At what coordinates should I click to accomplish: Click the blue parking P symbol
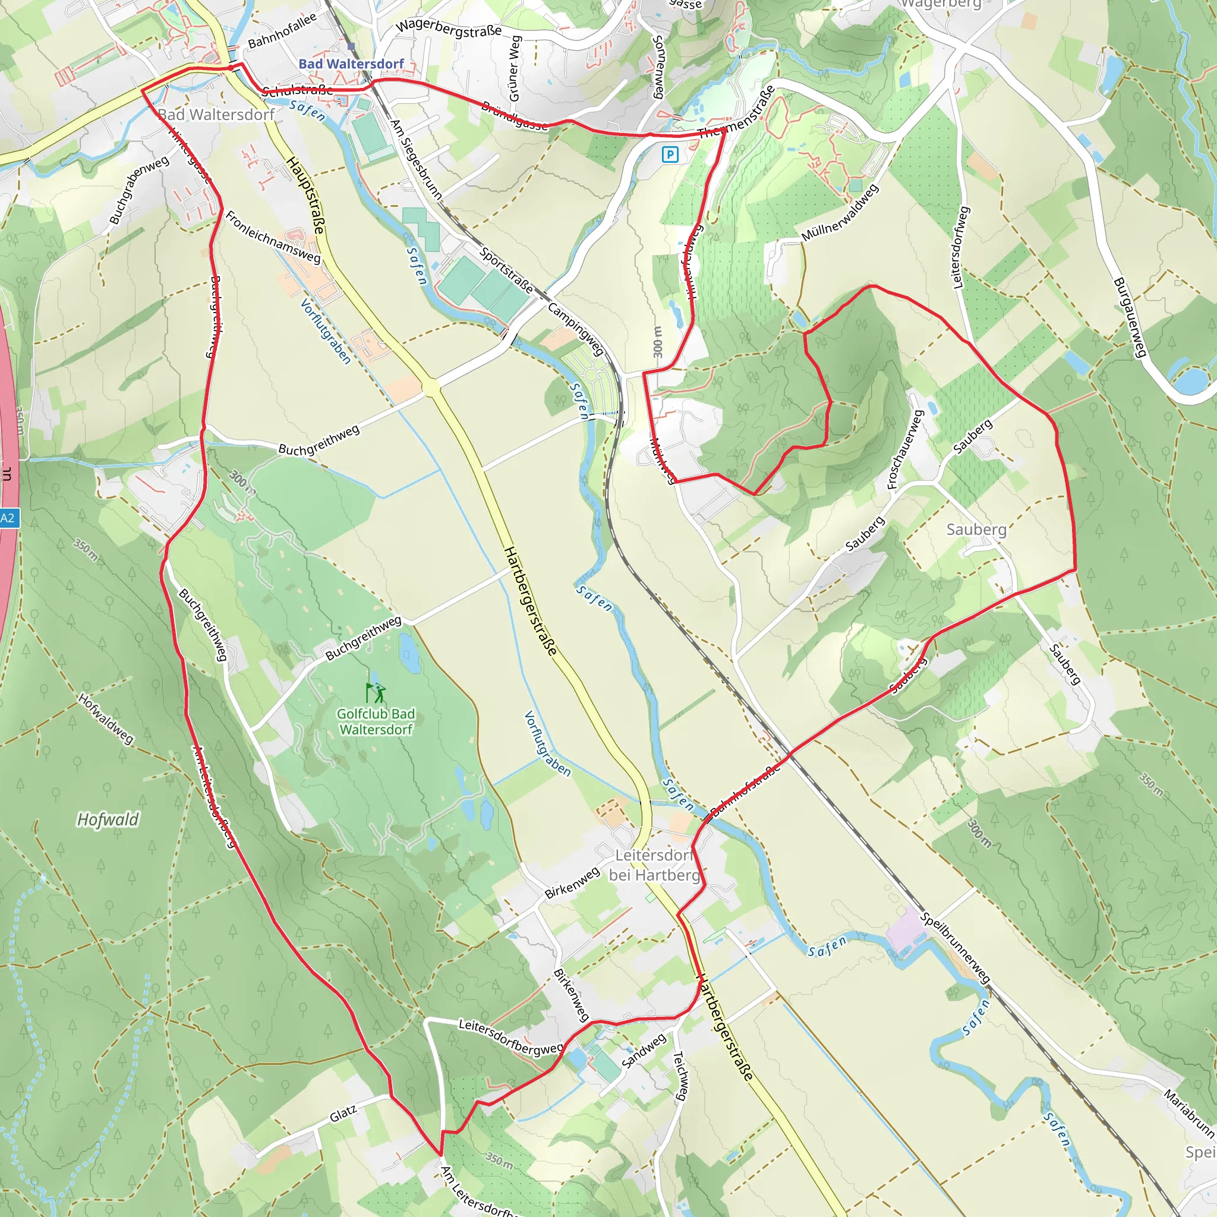[670, 155]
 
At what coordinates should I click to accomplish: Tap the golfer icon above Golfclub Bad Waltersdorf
[376, 693]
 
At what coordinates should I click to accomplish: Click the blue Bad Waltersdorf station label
[351, 64]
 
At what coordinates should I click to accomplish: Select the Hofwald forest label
[108, 819]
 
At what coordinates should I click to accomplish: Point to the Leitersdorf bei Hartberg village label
[654, 865]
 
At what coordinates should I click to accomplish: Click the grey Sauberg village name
[976, 529]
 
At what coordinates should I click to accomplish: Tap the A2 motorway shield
[8, 518]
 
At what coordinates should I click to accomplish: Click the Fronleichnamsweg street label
[273, 238]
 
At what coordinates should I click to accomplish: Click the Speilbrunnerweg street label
[956, 947]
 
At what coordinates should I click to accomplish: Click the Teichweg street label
[680, 1076]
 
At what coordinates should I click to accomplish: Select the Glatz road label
[343, 1114]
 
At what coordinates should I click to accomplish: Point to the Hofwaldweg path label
[106, 719]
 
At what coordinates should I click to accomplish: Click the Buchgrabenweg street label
[138, 190]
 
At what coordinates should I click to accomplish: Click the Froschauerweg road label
[905, 449]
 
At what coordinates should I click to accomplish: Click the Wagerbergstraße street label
[449, 27]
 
